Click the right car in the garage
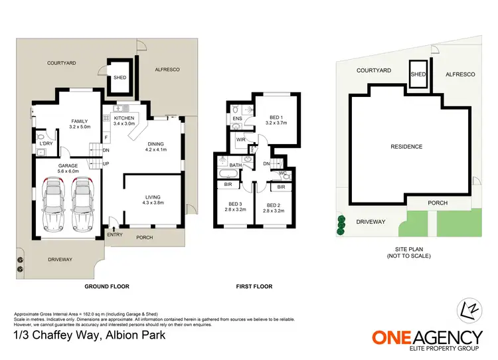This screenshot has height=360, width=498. [81, 199]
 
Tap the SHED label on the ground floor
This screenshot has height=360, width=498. [120, 77]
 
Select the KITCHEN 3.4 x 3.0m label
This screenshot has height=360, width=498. [124, 120]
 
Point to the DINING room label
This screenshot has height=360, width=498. [156, 146]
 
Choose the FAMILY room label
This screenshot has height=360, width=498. [79, 124]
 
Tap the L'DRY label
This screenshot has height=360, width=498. [45, 144]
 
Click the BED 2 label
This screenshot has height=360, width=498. [274, 207]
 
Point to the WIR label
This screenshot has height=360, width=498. [242, 140]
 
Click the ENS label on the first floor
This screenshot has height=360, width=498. [237, 119]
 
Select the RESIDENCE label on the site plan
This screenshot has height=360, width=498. [406, 146]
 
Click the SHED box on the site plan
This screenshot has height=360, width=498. [418, 73]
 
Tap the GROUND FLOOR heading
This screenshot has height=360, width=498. [106, 286]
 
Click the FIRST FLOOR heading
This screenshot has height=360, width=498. [254, 286]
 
